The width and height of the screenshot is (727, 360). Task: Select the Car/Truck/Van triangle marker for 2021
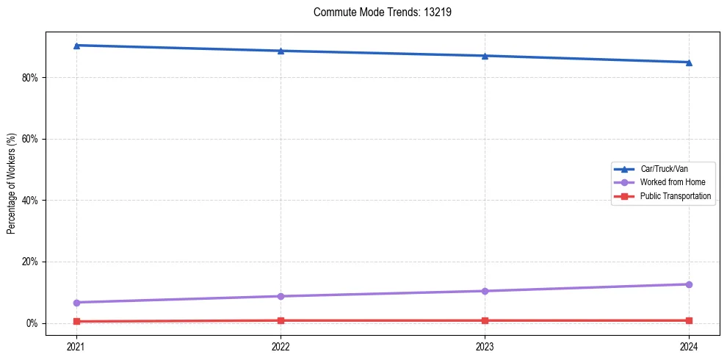tap(76, 46)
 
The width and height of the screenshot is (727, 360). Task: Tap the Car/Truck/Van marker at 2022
tap(281, 51)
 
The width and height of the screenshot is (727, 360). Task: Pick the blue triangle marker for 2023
tap(485, 56)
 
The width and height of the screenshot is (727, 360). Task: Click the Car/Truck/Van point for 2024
tap(689, 62)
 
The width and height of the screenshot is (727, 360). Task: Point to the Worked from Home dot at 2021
tap(76, 303)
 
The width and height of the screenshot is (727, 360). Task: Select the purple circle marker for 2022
tap(281, 296)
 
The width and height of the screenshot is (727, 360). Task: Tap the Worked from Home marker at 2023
tap(485, 291)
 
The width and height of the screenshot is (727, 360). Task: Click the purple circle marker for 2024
tap(689, 284)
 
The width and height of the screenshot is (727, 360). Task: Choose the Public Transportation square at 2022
tap(281, 320)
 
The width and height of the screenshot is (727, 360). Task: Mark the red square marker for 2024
tap(689, 320)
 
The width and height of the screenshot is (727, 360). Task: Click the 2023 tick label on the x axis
tap(485, 346)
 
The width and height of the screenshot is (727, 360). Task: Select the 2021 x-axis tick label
tap(76, 346)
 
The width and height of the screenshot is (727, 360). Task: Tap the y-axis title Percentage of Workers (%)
tap(11, 184)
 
